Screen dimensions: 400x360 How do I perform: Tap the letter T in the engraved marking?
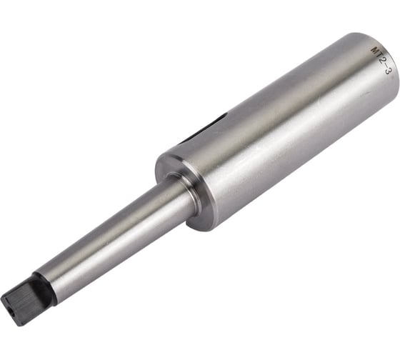click(x=379, y=56)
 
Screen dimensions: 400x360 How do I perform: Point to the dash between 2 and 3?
click(x=385, y=66)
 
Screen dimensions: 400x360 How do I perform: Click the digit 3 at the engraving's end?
click(x=387, y=71)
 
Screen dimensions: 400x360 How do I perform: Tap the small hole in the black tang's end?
click(x=11, y=310)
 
